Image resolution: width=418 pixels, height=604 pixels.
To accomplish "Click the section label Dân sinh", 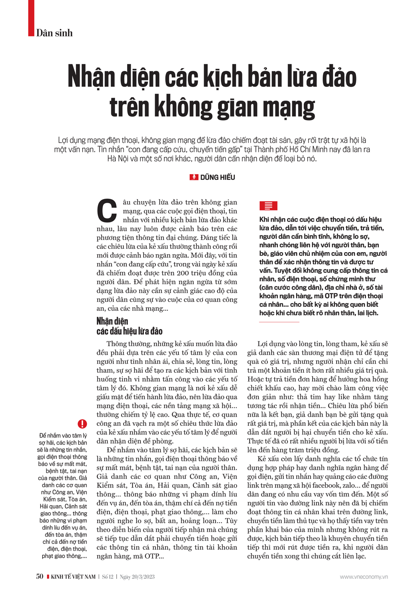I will (x=54, y=33).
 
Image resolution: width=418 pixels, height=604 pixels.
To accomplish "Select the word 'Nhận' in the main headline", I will (x=92, y=77).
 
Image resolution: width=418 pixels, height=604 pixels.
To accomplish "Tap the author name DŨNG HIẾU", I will (x=217, y=177).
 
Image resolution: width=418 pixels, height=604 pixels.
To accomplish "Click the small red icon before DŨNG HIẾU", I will (x=194, y=177).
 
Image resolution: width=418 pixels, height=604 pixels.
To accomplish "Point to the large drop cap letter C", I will (x=107, y=211).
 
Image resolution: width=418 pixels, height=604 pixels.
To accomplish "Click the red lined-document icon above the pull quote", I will (x=268, y=206).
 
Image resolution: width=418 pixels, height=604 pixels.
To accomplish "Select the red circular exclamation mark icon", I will (x=82, y=424).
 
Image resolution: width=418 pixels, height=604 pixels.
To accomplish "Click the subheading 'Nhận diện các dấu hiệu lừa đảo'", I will (x=129, y=326).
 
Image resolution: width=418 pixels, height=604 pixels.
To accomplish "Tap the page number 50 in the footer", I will (x=40, y=576).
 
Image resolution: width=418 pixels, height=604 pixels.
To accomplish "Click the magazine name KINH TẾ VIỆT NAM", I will (x=73, y=577).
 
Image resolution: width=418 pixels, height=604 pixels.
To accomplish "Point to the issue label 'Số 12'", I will (x=108, y=577).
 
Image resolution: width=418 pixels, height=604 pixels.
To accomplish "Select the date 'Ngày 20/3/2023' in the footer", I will (x=137, y=577).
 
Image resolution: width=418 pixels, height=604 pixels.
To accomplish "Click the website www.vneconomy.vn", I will (x=364, y=577).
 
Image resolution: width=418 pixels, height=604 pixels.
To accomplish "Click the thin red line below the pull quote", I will (x=279, y=322).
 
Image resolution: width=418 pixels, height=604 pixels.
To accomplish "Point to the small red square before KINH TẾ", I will (x=48, y=577).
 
